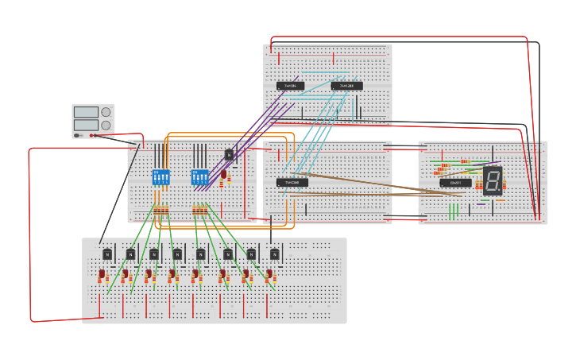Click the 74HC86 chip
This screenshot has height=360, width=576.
[x=290, y=86]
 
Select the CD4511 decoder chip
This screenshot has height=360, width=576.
[x=455, y=183]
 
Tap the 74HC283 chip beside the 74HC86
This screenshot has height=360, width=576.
[x=346, y=86]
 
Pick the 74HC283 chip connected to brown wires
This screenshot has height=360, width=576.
[x=292, y=183]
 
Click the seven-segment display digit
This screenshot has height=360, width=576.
[x=493, y=180]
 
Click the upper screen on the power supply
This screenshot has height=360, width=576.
[x=86, y=112]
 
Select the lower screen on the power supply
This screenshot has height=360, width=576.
[x=86, y=126]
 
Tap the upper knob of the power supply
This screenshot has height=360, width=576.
[x=106, y=112]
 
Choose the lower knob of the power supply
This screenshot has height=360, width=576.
[x=106, y=126]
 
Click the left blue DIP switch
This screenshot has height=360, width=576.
[x=160, y=177]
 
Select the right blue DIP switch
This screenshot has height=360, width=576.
[x=199, y=177]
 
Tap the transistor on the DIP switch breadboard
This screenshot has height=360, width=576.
[x=229, y=155]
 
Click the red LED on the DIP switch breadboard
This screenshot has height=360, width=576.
[x=224, y=173]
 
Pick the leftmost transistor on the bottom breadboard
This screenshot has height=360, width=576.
[x=107, y=254]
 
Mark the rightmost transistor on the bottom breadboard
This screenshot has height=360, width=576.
[x=274, y=254]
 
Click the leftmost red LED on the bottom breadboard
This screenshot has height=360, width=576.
[x=102, y=275]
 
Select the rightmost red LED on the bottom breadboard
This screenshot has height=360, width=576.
[x=269, y=275]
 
